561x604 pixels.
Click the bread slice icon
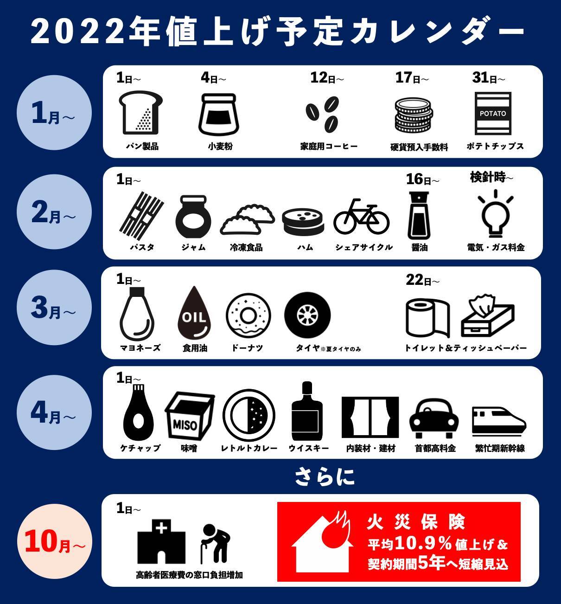point(141,113)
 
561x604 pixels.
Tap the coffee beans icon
point(323,115)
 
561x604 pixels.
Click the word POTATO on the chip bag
point(493,114)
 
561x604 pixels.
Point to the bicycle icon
point(361,216)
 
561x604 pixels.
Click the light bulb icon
point(495,213)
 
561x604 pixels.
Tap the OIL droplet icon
point(194,313)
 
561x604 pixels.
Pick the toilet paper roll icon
point(428,317)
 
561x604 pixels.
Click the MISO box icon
point(190,416)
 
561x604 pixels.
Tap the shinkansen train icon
point(499,420)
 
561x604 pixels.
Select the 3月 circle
point(54,307)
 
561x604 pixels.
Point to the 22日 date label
point(422,280)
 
